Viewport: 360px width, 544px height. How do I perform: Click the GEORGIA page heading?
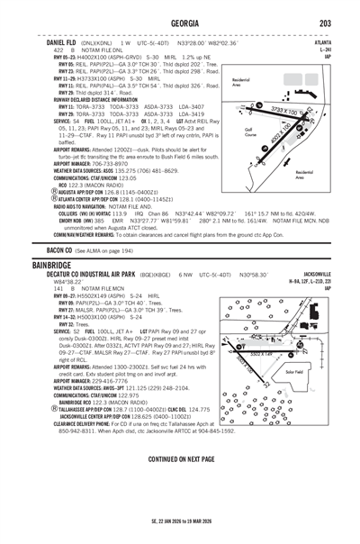(x=180, y=23)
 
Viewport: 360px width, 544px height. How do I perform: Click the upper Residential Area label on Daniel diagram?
(x=241, y=83)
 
